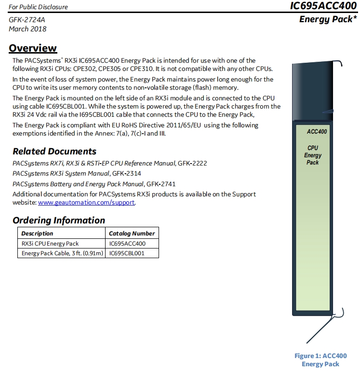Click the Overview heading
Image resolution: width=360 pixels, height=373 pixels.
pos(33,48)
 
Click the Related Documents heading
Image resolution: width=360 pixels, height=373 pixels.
pos(54,151)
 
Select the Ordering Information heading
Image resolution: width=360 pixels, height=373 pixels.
pos(59,220)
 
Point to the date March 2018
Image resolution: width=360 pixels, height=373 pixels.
pos(27,28)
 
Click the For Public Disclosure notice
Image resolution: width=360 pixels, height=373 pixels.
pos(38,7)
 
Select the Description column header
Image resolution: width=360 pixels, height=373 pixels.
pos(38,234)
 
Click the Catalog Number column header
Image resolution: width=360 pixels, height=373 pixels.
pos(132,234)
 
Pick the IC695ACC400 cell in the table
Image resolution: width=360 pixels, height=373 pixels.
pos(127,244)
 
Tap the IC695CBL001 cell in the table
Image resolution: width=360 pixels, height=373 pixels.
pos(127,253)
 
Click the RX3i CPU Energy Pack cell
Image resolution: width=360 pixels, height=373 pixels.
pos(50,244)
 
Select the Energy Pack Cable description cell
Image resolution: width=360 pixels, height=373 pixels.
pos(63,253)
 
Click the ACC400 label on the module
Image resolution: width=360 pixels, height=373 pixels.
pos(317,132)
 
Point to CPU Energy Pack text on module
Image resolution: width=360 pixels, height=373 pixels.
pos(313,155)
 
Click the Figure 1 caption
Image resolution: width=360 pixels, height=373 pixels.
pos(320,360)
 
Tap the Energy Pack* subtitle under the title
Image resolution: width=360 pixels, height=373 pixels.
pos(328,20)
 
